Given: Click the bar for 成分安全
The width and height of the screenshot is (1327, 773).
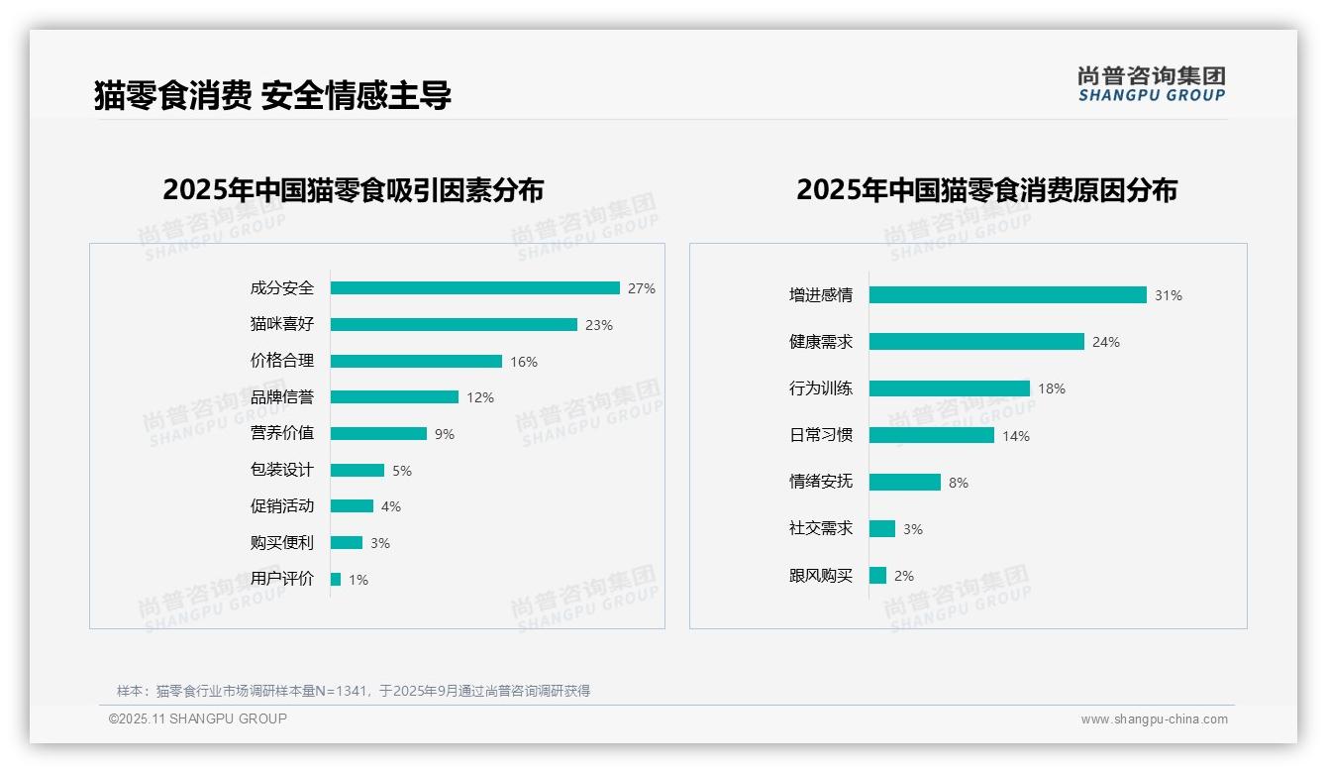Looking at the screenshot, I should pyautogui.click(x=475, y=288).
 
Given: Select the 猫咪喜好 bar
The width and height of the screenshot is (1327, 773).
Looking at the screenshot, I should pyautogui.click(x=454, y=325).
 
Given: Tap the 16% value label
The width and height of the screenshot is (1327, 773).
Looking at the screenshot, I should pyautogui.click(x=524, y=362).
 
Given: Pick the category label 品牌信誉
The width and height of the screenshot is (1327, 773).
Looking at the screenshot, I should pyautogui.click(x=282, y=397).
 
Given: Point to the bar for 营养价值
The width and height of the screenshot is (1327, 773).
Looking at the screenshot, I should pyautogui.click(x=378, y=434).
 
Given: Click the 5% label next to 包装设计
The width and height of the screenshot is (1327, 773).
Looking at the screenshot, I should pyautogui.click(x=402, y=471).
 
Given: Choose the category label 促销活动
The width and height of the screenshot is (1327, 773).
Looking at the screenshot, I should pyautogui.click(x=282, y=506).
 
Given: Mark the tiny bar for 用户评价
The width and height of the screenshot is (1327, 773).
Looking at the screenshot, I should pyautogui.click(x=336, y=580).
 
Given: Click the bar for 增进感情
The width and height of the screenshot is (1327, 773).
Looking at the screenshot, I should pyautogui.click(x=1008, y=295).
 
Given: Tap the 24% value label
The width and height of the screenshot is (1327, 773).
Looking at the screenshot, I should pyautogui.click(x=1106, y=342).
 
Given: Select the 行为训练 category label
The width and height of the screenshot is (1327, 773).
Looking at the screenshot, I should pyautogui.click(x=821, y=388).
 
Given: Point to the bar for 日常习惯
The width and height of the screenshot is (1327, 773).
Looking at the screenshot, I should pyautogui.click(x=932, y=435).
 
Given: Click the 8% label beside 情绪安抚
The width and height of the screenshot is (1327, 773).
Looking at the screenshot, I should pyautogui.click(x=959, y=483).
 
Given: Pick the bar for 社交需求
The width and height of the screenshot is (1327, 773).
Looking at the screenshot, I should pyautogui.click(x=882, y=529).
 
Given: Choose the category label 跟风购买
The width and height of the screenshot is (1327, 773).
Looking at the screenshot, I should pyautogui.click(x=821, y=576).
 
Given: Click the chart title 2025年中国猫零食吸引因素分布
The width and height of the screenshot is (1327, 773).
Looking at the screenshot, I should pyautogui.click(x=354, y=190).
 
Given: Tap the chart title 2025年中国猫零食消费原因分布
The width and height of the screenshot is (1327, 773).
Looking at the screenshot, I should pyautogui.click(x=986, y=190).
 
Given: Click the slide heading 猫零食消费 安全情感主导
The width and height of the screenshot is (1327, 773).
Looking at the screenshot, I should pyautogui.click(x=272, y=96).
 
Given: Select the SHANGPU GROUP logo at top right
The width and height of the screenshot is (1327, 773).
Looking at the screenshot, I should pyautogui.click(x=1152, y=84).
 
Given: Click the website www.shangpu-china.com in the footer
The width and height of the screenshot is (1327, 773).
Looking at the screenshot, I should pyautogui.click(x=1154, y=719).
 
